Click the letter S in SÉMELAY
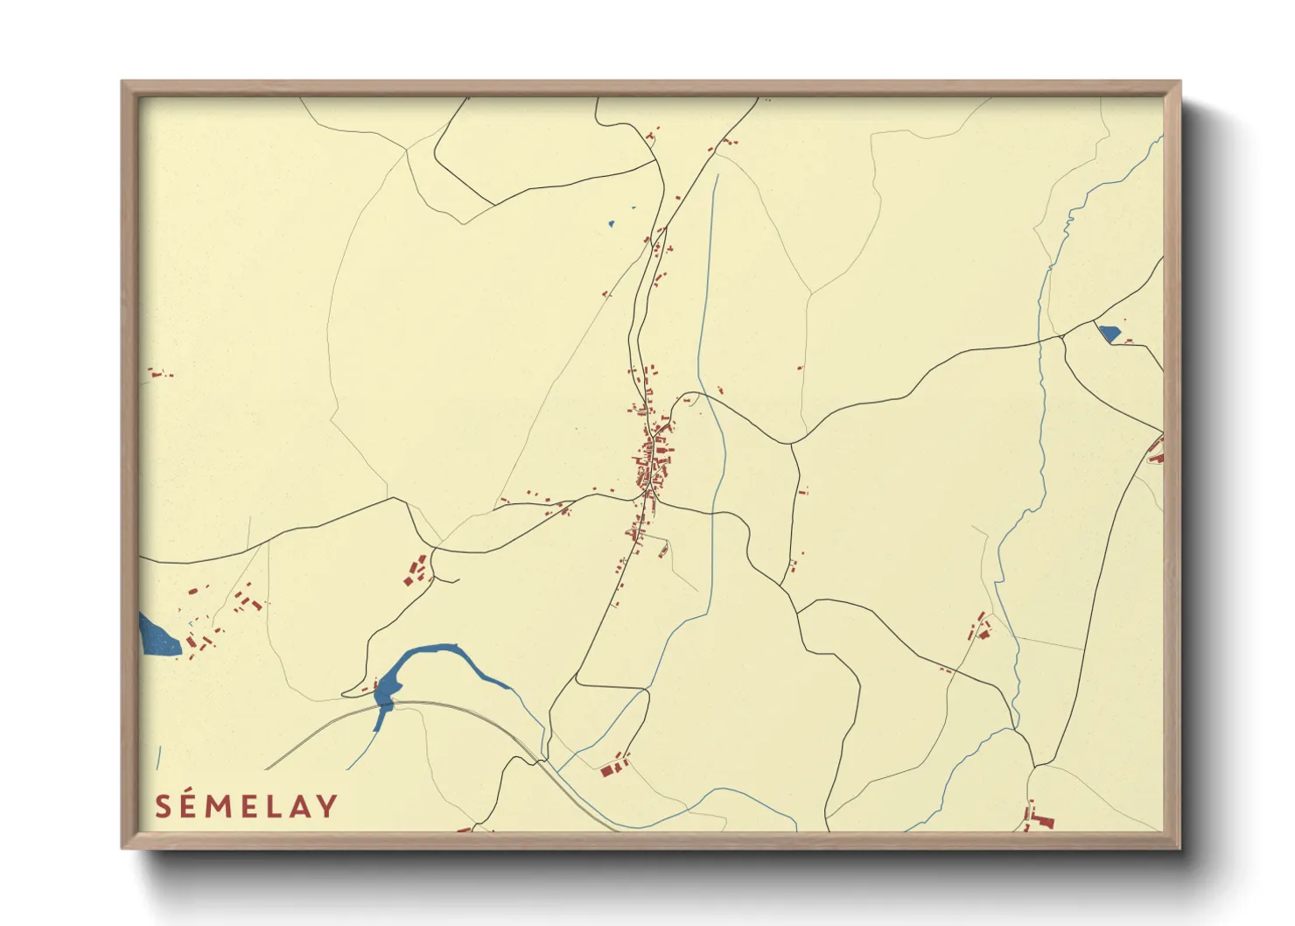[163, 806]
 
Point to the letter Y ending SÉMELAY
[327, 806]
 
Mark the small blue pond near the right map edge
[1109, 333]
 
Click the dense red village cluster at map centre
[652, 464]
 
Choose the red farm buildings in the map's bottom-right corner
[1039, 818]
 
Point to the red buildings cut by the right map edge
[1157, 452]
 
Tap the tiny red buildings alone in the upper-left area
[158, 374]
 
